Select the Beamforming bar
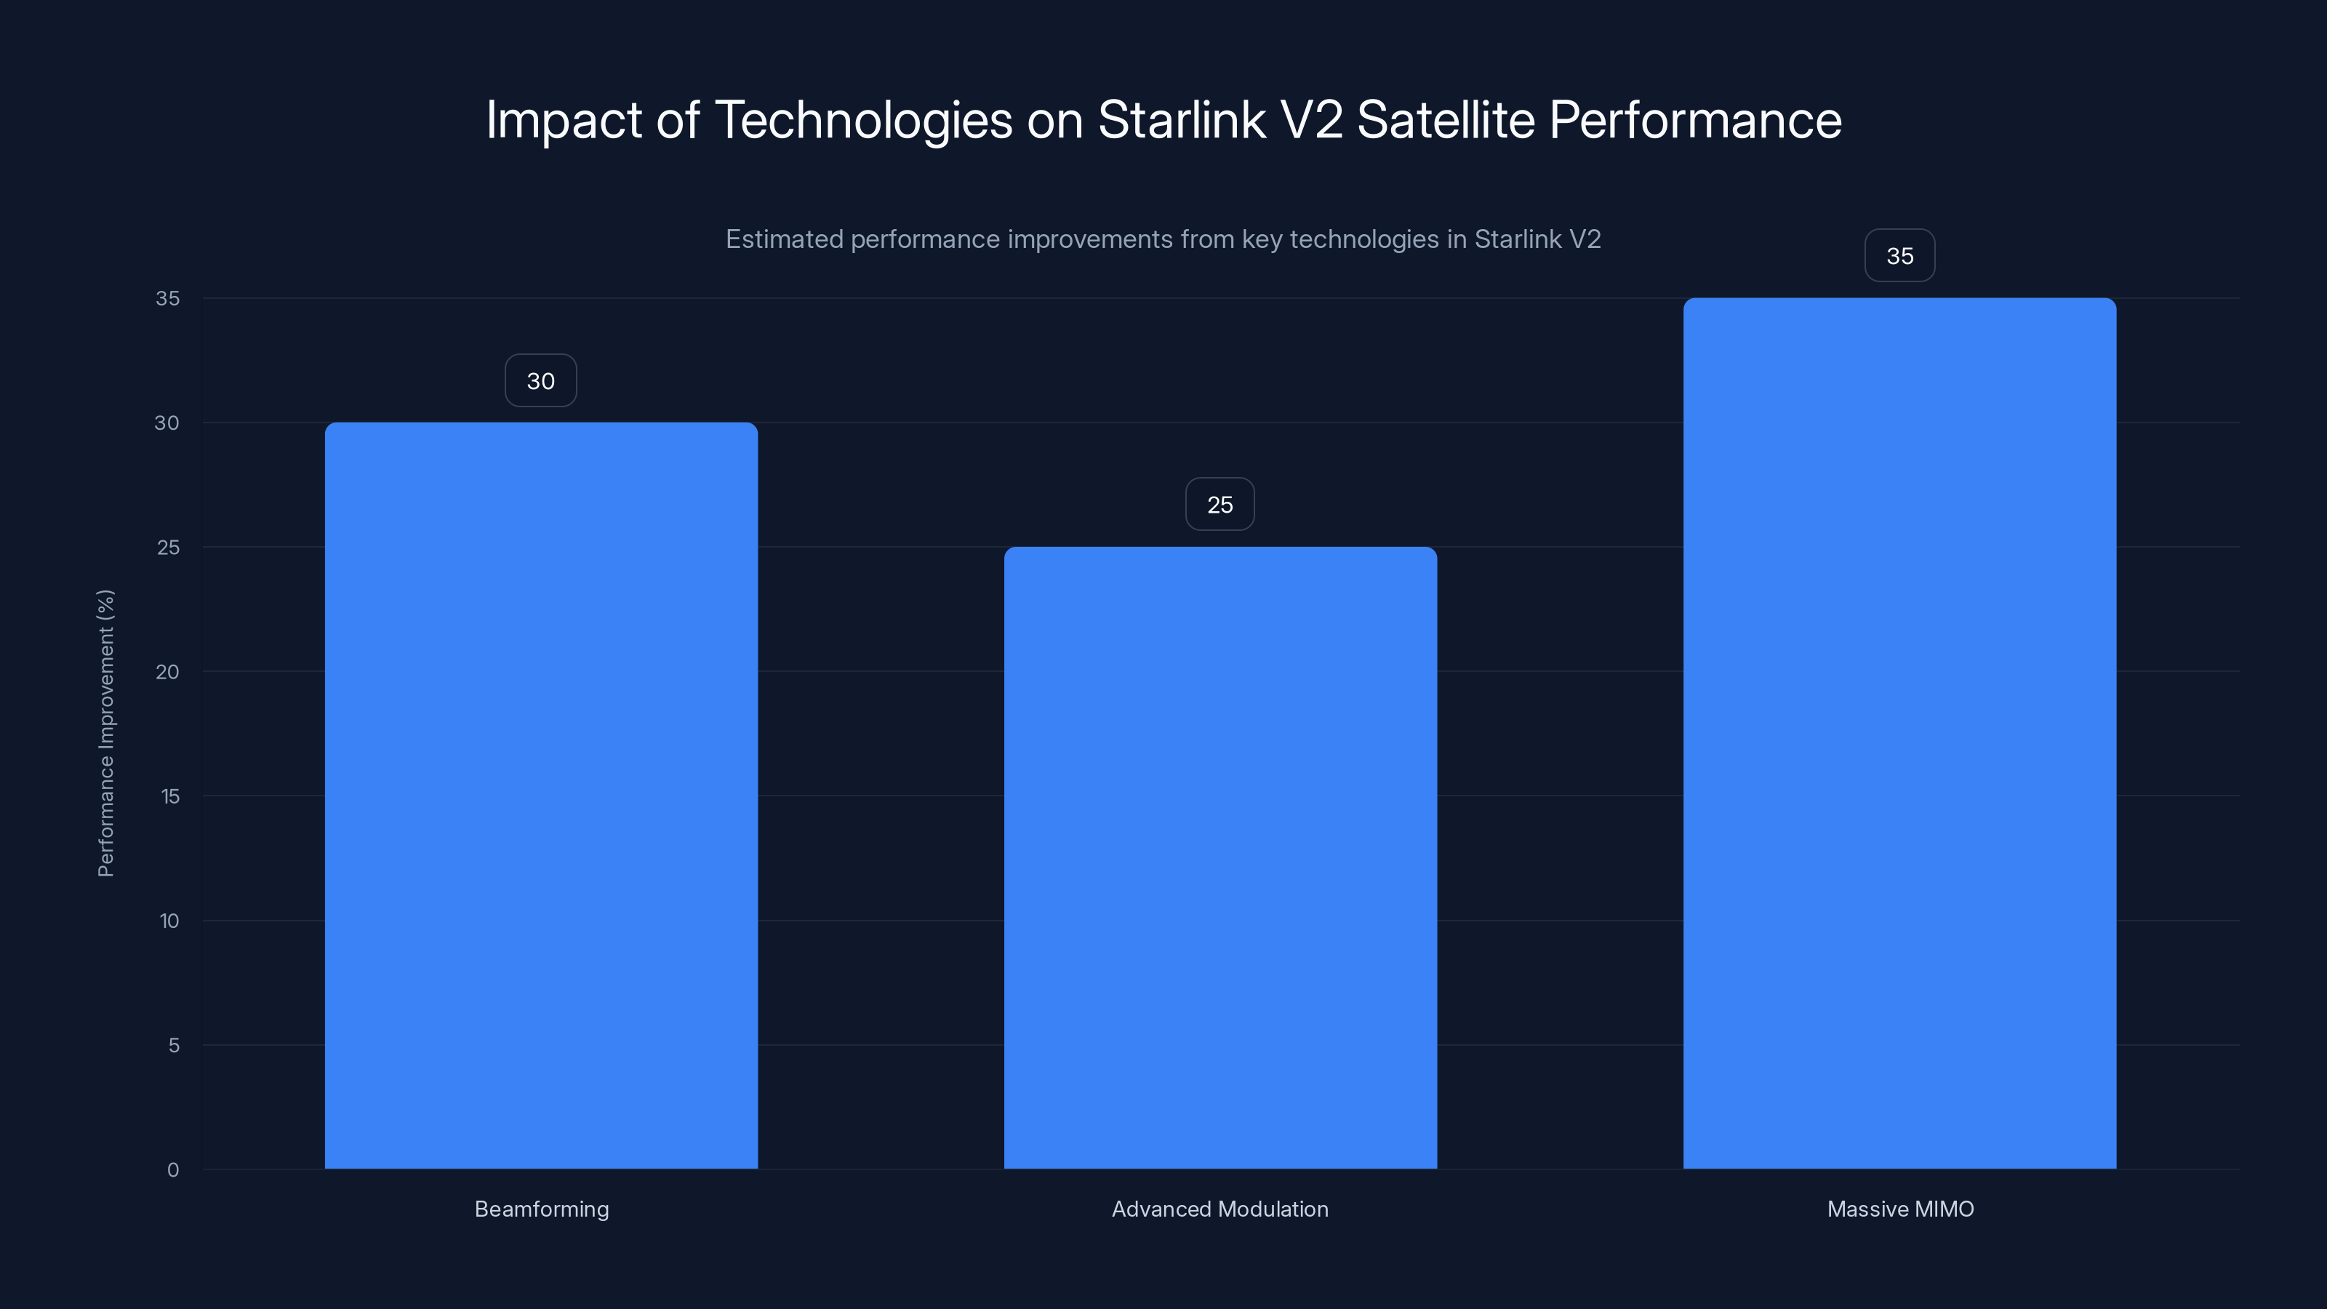click(x=541, y=795)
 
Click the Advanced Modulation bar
click(x=1219, y=857)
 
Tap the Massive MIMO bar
click(x=1899, y=732)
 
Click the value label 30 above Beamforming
click(x=540, y=381)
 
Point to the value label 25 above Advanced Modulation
click(x=1219, y=505)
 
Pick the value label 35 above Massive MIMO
click(x=1899, y=257)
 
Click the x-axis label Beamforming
click(x=541, y=1209)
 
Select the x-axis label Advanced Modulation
click(x=1219, y=1209)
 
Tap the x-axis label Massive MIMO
click(x=1899, y=1209)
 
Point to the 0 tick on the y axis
click(x=172, y=1170)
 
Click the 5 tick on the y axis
click(x=174, y=1045)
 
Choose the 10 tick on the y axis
click(x=169, y=921)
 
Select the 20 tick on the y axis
click(x=167, y=671)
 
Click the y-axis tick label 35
click(x=167, y=298)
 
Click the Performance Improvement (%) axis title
click(x=105, y=732)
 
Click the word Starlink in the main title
click(x=1181, y=120)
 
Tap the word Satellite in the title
click(x=1446, y=120)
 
